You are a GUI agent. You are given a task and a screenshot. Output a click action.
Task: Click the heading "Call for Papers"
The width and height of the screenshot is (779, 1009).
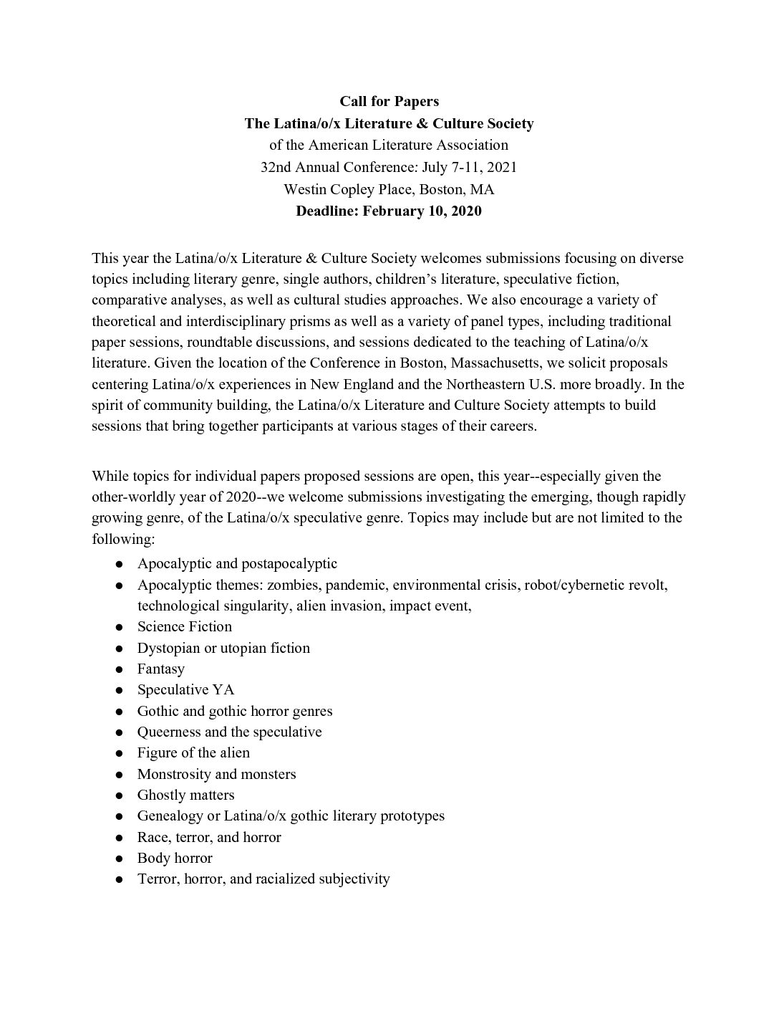click(389, 101)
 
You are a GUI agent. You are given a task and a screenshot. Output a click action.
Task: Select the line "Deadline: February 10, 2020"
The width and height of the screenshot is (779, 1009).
click(389, 211)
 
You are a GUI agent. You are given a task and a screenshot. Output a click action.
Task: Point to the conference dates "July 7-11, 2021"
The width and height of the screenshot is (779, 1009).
click(470, 167)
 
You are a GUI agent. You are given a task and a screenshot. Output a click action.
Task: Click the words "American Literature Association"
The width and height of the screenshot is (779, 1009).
click(408, 145)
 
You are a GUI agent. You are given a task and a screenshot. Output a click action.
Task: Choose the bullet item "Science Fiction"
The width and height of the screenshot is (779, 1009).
click(185, 626)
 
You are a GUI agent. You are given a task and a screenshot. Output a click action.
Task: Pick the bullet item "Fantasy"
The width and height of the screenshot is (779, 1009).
click(161, 669)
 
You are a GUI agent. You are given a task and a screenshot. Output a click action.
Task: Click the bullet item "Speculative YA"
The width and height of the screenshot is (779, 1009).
click(186, 689)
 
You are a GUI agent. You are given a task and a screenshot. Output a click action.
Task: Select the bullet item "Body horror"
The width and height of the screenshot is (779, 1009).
click(175, 858)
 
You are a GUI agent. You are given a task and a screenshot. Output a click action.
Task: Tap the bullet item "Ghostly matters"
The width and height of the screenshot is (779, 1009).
click(186, 795)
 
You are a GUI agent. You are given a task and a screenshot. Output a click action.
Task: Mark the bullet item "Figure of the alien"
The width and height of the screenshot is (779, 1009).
click(193, 752)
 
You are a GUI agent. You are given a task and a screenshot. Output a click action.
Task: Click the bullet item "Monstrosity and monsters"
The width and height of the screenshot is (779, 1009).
click(216, 774)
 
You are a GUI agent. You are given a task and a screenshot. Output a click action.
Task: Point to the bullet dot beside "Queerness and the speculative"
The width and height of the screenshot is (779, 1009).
click(120, 732)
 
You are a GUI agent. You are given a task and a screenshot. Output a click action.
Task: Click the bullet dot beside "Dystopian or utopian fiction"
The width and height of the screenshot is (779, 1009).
click(120, 649)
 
